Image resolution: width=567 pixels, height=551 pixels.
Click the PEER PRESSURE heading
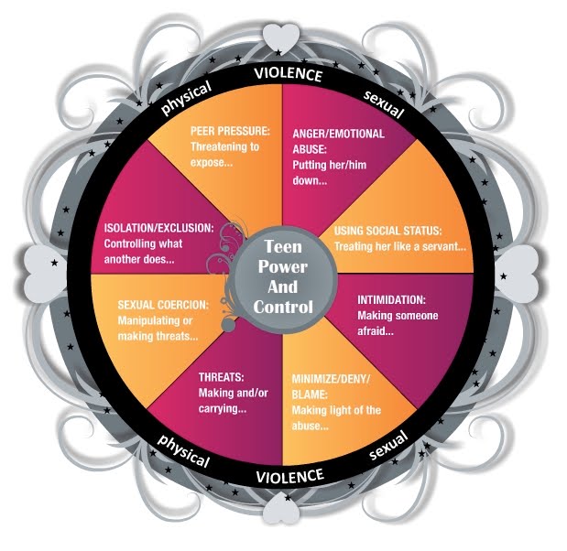point(229,131)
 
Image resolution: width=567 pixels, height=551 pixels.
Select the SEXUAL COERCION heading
point(163,305)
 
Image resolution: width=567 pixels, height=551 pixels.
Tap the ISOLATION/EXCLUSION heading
point(160,227)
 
